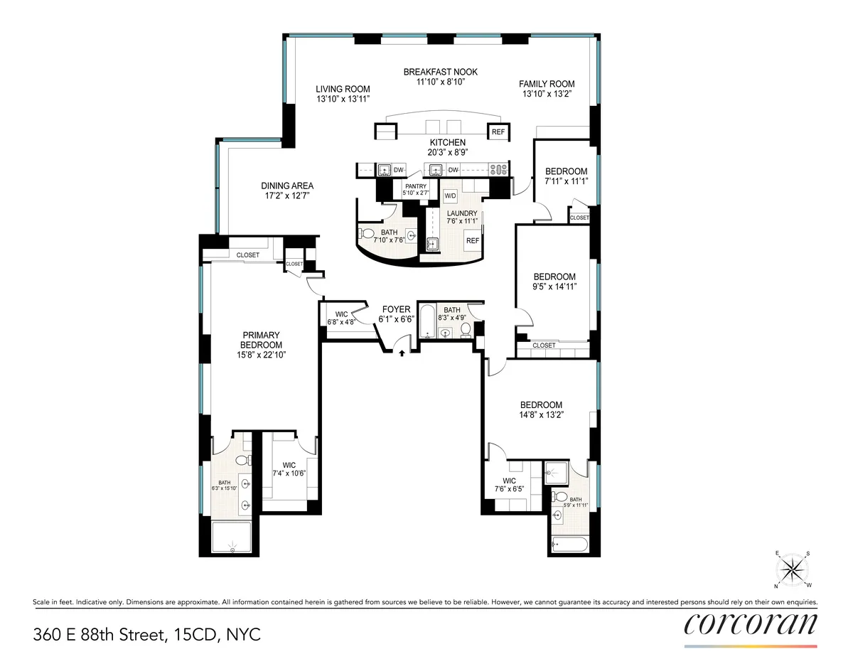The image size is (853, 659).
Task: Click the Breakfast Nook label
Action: click(440, 72)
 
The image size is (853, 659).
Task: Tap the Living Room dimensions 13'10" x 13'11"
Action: click(343, 100)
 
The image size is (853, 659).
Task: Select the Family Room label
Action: click(546, 83)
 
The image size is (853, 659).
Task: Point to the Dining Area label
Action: click(286, 186)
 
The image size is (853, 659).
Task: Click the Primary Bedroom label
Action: click(261, 341)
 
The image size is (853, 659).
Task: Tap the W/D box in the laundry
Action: click(450, 195)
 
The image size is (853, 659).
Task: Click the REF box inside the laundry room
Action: click(472, 240)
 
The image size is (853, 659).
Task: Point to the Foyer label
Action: click(396, 309)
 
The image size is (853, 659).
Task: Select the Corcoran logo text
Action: click(751, 623)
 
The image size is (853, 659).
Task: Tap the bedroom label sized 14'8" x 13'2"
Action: click(540, 404)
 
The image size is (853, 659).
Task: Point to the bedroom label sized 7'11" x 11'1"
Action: click(566, 171)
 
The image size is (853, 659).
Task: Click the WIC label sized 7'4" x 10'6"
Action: click(289, 465)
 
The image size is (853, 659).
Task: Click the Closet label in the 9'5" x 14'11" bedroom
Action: click(544, 345)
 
